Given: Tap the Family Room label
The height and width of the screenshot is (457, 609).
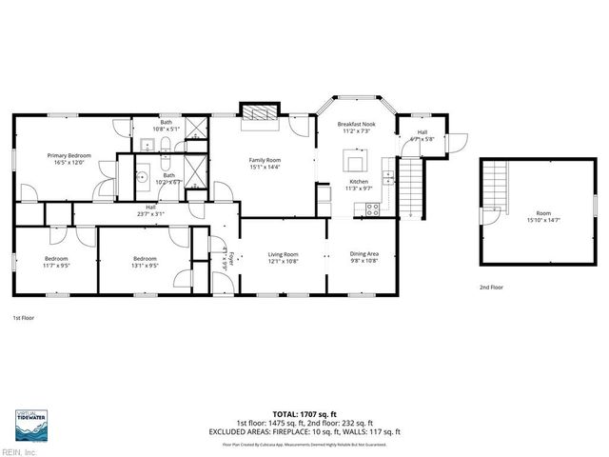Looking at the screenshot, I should pyautogui.click(x=265, y=160).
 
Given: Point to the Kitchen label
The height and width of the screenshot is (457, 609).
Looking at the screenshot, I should pyautogui.click(x=359, y=181).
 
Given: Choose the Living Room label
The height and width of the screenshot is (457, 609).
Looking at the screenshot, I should pyautogui.click(x=283, y=254).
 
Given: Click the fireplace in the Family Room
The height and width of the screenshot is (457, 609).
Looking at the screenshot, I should pyautogui.click(x=259, y=113).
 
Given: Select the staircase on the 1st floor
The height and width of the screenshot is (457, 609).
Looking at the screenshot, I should pyautogui.click(x=409, y=188).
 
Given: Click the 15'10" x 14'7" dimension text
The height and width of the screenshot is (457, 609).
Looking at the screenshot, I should pyautogui.click(x=543, y=220).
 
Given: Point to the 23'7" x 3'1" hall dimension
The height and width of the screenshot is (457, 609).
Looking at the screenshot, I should pyautogui.click(x=150, y=213).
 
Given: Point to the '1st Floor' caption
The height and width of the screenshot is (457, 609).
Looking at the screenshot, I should pyautogui.click(x=24, y=317).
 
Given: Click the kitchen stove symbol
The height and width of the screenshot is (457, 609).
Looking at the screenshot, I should pyautogui.click(x=373, y=209).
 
